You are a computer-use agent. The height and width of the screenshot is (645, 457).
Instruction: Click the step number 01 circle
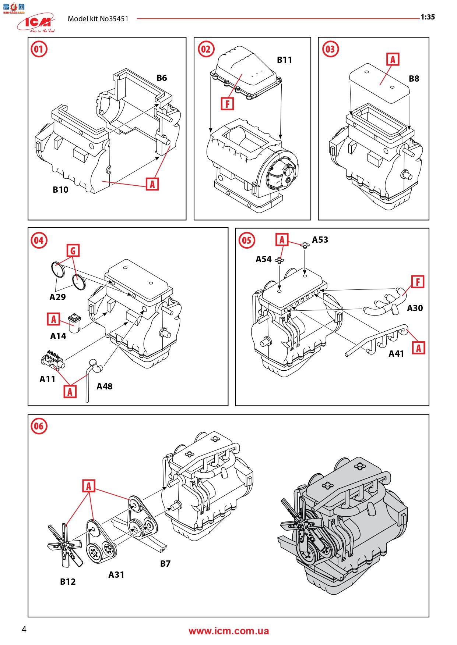39,49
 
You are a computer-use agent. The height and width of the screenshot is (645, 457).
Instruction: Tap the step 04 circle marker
39,240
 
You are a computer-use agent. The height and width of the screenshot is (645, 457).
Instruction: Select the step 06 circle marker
39,427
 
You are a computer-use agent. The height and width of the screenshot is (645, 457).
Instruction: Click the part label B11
284,60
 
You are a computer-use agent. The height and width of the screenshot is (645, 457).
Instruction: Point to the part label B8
414,78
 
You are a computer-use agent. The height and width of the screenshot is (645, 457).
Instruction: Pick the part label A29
57,297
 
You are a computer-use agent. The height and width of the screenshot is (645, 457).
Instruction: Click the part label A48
104,386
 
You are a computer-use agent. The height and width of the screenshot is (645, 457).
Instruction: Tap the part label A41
396,353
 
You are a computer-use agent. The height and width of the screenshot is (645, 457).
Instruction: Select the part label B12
68,581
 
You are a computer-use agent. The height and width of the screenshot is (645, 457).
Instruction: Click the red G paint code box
73,251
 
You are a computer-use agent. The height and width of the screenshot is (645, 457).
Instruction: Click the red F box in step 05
418,282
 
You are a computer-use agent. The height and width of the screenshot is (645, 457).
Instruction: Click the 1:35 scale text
428,17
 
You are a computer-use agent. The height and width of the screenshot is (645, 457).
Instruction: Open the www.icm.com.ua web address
228,631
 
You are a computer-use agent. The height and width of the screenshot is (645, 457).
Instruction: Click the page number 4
24,630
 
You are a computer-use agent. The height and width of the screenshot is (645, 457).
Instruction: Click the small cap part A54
280,261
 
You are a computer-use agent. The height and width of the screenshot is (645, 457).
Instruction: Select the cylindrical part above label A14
75,323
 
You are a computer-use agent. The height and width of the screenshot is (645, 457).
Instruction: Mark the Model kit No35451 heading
98,19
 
